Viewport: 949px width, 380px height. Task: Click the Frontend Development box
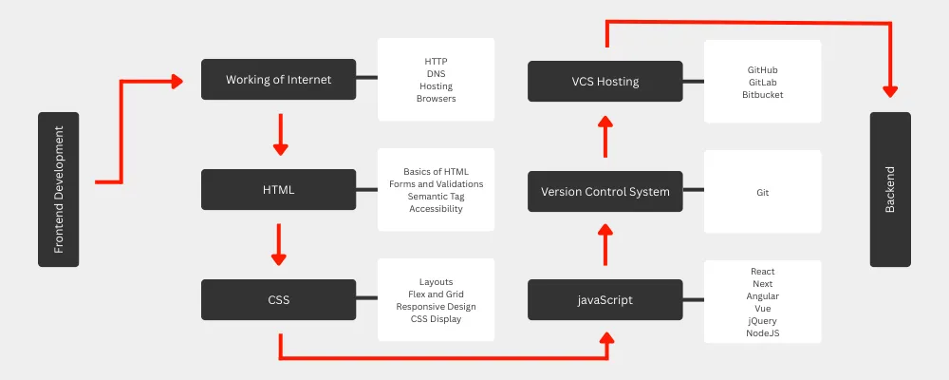click(58, 189)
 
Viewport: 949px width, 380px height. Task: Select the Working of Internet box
click(278, 80)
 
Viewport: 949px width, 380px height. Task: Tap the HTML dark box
click(278, 190)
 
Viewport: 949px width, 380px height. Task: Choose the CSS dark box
click(278, 299)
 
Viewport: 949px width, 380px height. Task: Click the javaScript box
click(605, 299)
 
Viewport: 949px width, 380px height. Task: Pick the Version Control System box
click(605, 192)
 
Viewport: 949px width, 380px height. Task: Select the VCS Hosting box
click(605, 81)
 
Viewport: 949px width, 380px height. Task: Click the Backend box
click(890, 189)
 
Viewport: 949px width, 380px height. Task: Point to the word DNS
click(436, 74)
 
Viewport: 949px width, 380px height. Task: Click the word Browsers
click(436, 98)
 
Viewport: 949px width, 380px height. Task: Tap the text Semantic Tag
click(436, 197)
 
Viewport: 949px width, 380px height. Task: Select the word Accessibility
click(436, 208)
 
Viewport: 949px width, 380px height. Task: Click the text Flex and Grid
click(436, 294)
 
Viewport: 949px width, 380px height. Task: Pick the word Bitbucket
click(763, 95)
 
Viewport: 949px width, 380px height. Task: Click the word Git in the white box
click(763, 193)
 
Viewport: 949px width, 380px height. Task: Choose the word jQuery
click(763, 320)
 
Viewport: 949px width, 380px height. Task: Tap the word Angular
click(763, 296)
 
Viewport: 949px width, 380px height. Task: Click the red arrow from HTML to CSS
click(278, 245)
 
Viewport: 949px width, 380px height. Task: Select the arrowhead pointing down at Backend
click(890, 91)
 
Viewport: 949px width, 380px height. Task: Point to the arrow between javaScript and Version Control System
click(605, 245)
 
